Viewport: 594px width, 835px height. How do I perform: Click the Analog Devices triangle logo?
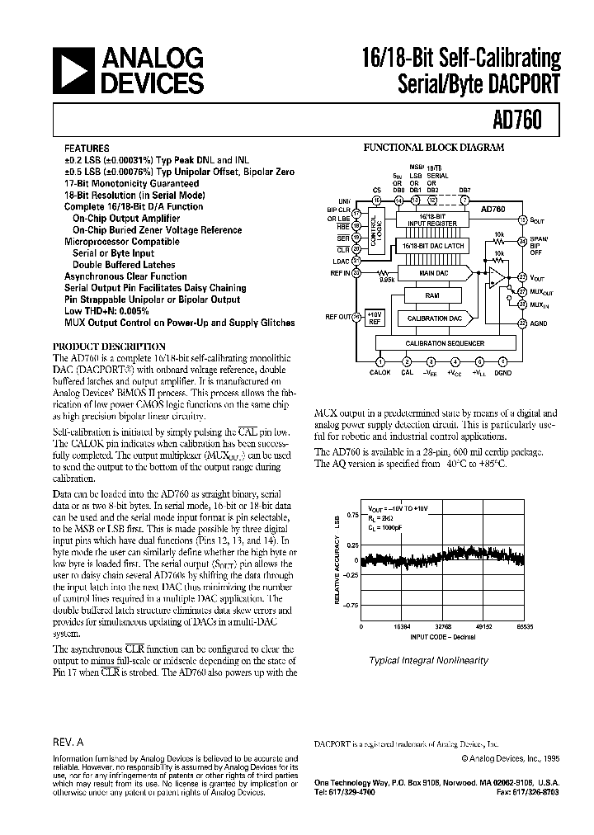click(x=73, y=71)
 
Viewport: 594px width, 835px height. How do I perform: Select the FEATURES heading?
click(x=86, y=149)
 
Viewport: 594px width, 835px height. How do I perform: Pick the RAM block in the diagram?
click(x=432, y=295)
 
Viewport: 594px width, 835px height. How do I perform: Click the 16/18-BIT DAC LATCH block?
click(x=432, y=247)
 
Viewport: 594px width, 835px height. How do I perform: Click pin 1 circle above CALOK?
click(x=380, y=361)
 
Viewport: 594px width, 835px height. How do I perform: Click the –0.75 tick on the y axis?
click(x=351, y=605)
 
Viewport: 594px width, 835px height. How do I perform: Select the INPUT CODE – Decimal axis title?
click(x=443, y=637)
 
